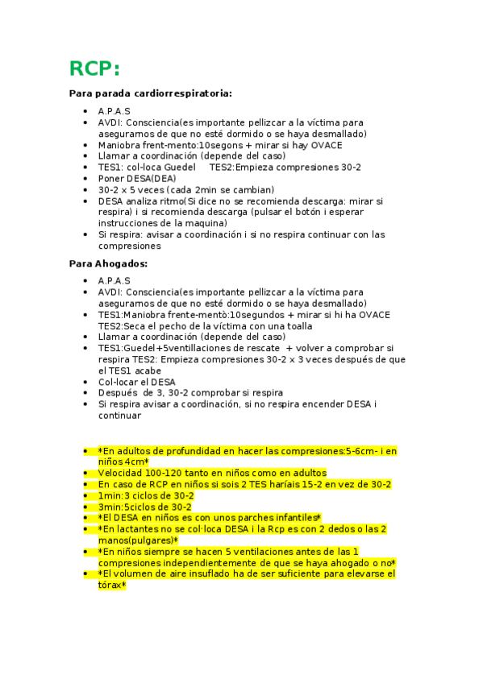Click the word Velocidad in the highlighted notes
tap(119, 473)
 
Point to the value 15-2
tap(319, 484)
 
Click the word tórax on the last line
tap(109, 586)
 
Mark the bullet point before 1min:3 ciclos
tap(86, 496)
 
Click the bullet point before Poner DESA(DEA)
tap(86, 179)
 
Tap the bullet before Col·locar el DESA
tap(86, 382)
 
